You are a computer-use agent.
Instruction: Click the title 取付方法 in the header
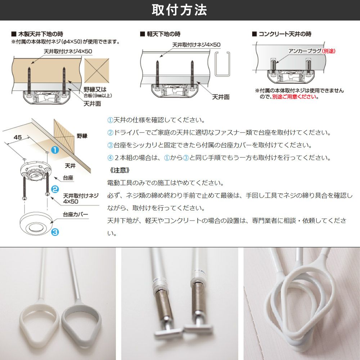(x=179, y=10)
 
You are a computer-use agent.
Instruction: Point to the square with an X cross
(x=96, y=71)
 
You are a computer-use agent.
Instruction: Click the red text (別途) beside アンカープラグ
(x=329, y=51)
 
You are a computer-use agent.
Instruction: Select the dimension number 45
(x=18, y=137)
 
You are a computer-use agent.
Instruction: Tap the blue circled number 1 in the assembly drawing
(x=55, y=150)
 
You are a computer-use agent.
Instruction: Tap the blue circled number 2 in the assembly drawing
(x=55, y=189)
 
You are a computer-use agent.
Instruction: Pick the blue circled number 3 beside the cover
(x=55, y=232)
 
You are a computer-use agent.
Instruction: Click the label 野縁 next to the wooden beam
(x=82, y=136)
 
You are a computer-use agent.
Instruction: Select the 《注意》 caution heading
(x=120, y=170)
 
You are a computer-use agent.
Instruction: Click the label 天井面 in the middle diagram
(x=221, y=97)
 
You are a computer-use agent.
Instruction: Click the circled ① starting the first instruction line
(x=111, y=120)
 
